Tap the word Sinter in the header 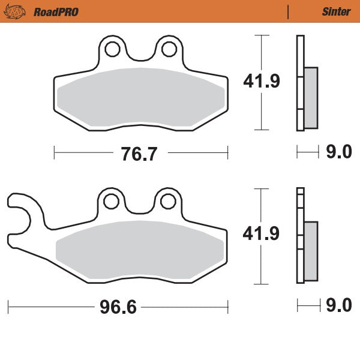click(x=336, y=11)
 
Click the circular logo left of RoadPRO click(x=17, y=11)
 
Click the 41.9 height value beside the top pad click(x=261, y=81)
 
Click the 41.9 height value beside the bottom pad click(x=261, y=235)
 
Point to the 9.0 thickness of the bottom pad click(x=338, y=307)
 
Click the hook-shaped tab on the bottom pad click(x=21, y=210)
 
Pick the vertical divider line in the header click(x=289, y=11)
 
